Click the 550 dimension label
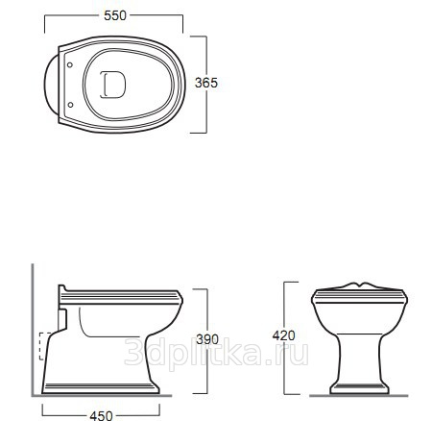(115, 15)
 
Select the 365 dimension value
(206, 83)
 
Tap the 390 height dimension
(207, 339)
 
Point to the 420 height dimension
(283, 335)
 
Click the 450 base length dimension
(101, 415)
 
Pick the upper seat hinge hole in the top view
(70, 64)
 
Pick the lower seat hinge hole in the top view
(70, 105)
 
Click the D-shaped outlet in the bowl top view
(112, 85)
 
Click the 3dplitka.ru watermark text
(216, 351)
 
